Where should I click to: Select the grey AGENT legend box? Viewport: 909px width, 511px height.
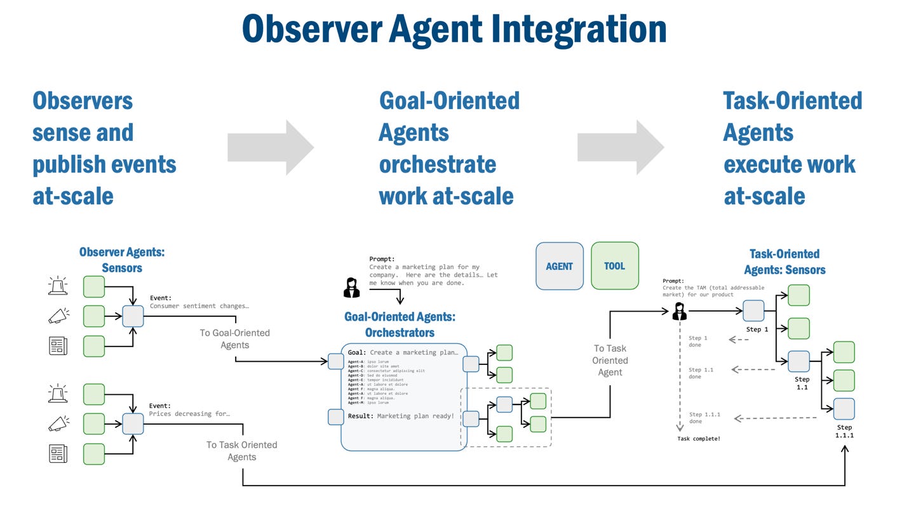pyautogui.click(x=559, y=266)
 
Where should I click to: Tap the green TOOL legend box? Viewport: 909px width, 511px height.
pyautogui.click(x=614, y=266)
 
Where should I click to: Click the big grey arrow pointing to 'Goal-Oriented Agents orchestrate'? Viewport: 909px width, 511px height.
pyautogui.click(x=271, y=147)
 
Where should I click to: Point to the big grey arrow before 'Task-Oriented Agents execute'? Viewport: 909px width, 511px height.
pyautogui.click(x=620, y=147)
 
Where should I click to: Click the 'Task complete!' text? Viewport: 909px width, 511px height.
pyautogui.click(x=699, y=439)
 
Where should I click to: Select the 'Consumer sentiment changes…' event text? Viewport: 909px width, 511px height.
pyautogui.click(x=199, y=305)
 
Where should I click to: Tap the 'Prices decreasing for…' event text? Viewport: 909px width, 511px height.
pyautogui.click(x=189, y=413)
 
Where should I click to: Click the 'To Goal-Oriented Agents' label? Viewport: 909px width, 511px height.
pyautogui.click(x=235, y=339)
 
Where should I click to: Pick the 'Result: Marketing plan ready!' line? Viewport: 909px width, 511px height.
pyautogui.click(x=401, y=416)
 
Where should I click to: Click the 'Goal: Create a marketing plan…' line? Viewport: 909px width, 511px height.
pyautogui.click(x=402, y=352)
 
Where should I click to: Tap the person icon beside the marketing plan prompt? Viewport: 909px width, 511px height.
pyautogui.click(x=351, y=288)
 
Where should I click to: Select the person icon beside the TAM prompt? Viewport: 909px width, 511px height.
pyautogui.click(x=680, y=311)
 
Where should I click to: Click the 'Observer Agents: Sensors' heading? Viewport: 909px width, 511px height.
pyautogui.click(x=122, y=260)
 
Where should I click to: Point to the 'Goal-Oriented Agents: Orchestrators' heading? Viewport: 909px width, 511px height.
pyautogui.click(x=400, y=324)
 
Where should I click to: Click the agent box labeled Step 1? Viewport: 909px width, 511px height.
pyautogui.click(x=753, y=311)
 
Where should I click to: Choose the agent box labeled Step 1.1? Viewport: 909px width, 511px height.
pyautogui.click(x=798, y=361)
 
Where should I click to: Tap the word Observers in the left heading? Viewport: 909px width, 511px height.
pyautogui.click(x=83, y=100)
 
